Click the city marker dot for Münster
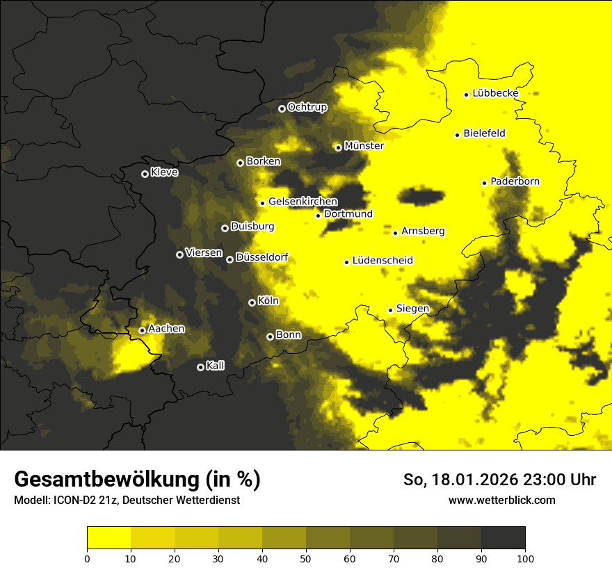tap(338, 147)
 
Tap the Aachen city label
tap(166, 329)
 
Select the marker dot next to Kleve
tap(145, 174)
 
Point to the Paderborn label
tap(515, 181)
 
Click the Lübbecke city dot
tap(467, 95)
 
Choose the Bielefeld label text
tap(484, 133)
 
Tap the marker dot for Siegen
tap(390, 310)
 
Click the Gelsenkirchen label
tap(303, 202)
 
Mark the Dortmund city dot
tap(318, 216)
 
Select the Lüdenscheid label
tap(382, 261)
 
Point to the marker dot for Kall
tap(200, 367)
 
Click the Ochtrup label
tap(307, 107)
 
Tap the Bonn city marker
tap(270, 336)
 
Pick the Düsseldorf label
tap(261, 258)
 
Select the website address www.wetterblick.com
tap(502, 500)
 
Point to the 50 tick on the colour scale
tap(306, 558)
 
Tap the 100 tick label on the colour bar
tap(525, 558)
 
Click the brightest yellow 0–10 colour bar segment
tap(109, 538)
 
